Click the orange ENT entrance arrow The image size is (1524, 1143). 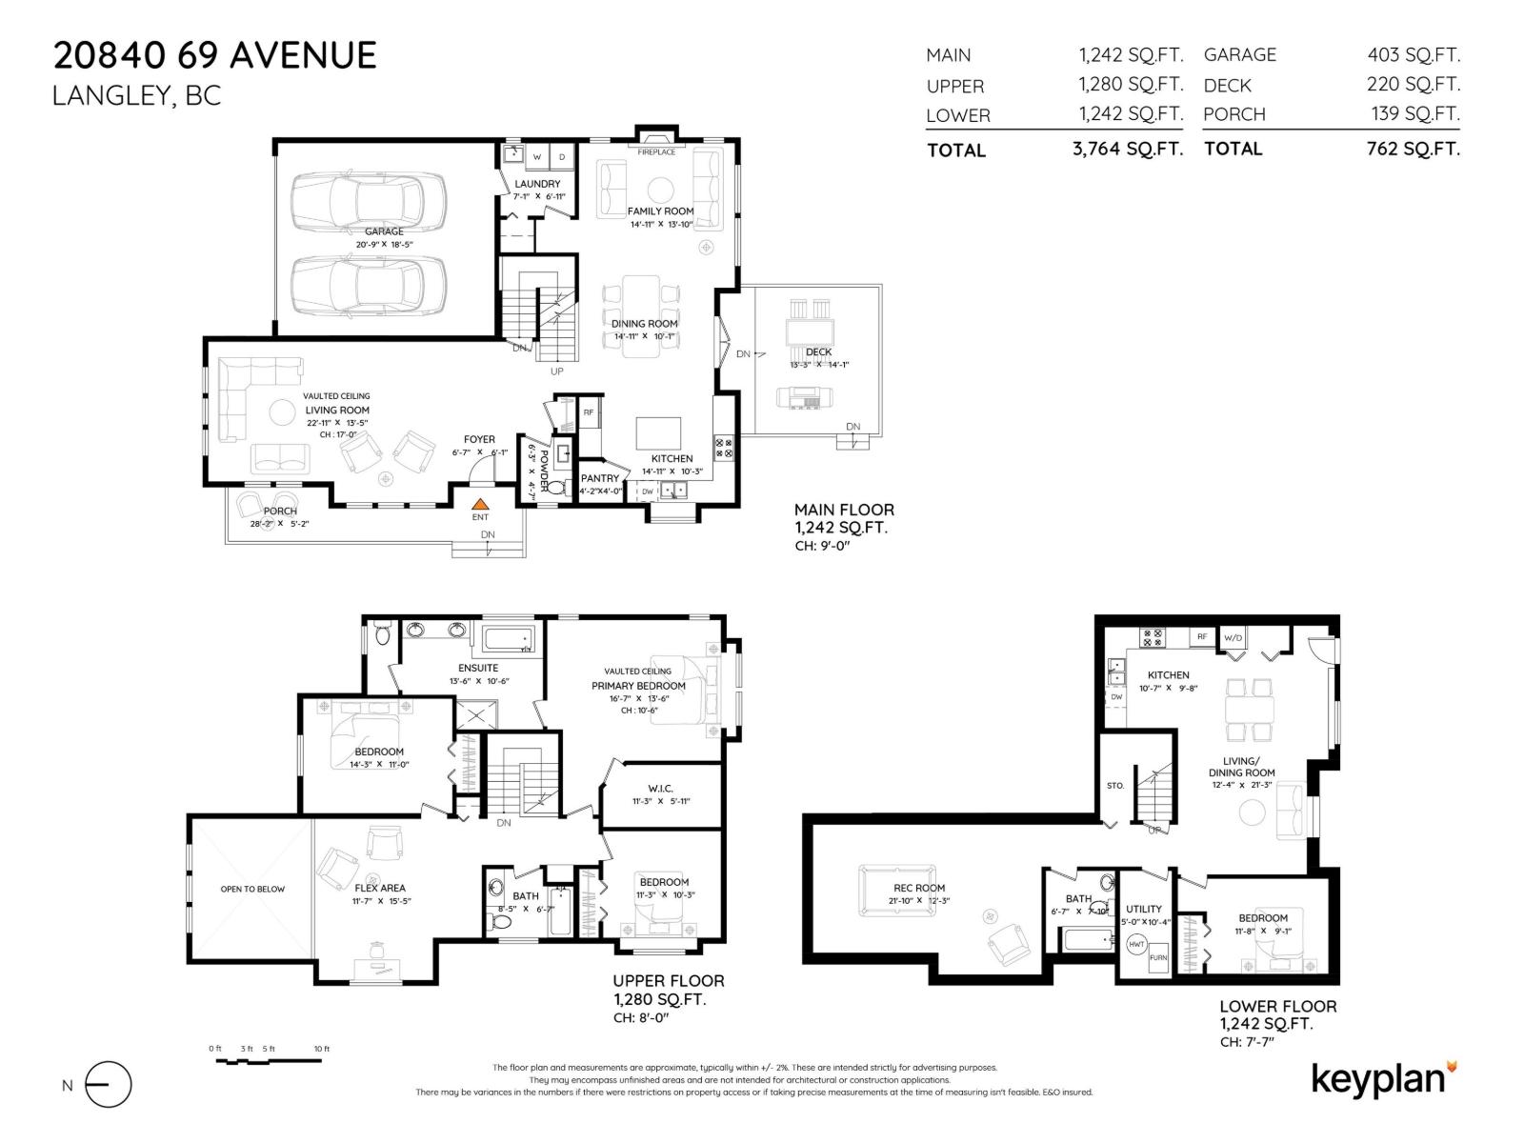click(481, 504)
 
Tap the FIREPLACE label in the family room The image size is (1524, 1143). click(656, 152)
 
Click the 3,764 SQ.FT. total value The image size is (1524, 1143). click(1127, 150)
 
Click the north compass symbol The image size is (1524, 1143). click(108, 1085)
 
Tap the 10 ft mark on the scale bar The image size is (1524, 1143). click(322, 1049)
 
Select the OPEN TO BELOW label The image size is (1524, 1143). click(252, 889)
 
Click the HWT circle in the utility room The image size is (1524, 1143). click(1136, 944)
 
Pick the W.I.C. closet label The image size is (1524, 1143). click(660, 789)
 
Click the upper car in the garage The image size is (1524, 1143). click(368, 199)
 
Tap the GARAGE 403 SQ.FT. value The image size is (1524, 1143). click(1414, 55)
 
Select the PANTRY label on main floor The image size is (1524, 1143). click(600, 478)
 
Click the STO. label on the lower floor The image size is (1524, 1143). click(1115, 786)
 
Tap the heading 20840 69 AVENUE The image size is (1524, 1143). click(215, 55)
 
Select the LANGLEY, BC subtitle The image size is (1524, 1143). click(136, 96)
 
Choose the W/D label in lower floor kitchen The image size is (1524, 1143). click(1233, 637)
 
